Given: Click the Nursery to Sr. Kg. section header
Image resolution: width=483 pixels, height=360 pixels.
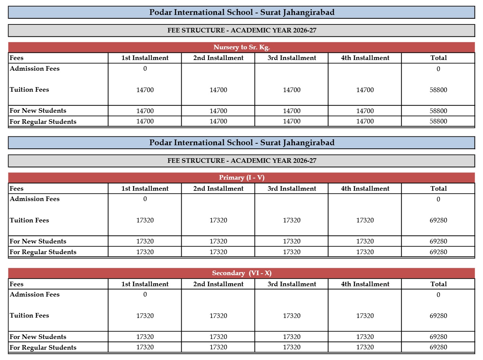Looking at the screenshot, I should pyautogui.click(x=242, y=47).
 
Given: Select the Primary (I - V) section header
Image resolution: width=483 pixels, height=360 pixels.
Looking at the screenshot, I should pyautogui.click(x=242, y=178).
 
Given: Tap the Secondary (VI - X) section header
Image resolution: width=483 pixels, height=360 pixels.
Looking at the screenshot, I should pyautogui.click(x=242, y=273).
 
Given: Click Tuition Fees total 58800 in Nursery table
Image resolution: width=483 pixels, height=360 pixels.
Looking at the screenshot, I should pyautogui.click(x=438, y=90).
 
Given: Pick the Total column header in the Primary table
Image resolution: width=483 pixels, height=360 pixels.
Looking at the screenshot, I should pyautogui.click(x=438, y=188).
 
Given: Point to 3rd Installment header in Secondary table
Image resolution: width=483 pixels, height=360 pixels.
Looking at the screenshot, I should pyautogui.click(x=292, y=284).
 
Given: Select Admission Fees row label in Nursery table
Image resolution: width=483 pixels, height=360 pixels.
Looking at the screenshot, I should pyautogui.click(x=35, y=69).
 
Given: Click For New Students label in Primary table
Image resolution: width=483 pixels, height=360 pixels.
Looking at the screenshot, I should pyautogui.click(x=38, y=241).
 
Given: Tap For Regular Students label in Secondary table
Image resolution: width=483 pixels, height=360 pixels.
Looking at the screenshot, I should pyautogui.click(x=43, y=347).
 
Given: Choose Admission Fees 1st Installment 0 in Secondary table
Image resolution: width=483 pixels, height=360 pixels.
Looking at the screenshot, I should pyautogui.click(x=145, y=295).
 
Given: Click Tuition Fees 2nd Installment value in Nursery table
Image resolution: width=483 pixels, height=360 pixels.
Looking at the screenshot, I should pyautogui.click(x=218, y=90).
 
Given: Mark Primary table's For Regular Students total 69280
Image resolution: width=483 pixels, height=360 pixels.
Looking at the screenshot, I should pyautogui.click(x=438, y=252).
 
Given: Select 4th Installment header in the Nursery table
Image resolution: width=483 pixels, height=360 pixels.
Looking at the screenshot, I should pyautogui.click(x=365, y=58).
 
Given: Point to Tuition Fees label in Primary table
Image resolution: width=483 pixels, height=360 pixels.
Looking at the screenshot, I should pyautogui.click(x=29, y=220).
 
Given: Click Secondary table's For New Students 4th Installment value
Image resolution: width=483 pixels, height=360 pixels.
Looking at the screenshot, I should pyautogui.click(x=365, y=337).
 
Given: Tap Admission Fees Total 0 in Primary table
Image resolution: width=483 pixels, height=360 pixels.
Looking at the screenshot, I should pyautogui.click(x=438, y=199).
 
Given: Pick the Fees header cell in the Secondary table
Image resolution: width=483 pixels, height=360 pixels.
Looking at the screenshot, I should pyautogui.click(x=16, y=284).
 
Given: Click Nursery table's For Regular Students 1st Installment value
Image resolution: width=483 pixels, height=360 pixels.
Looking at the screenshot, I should pyautogui.click(x=145, y=122).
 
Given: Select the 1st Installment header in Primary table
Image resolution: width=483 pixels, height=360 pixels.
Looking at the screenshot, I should pyautogui.click(x=145, y=188).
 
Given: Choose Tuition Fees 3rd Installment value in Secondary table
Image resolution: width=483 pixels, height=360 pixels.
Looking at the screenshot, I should pyautogui.click(x=292, y=316).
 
